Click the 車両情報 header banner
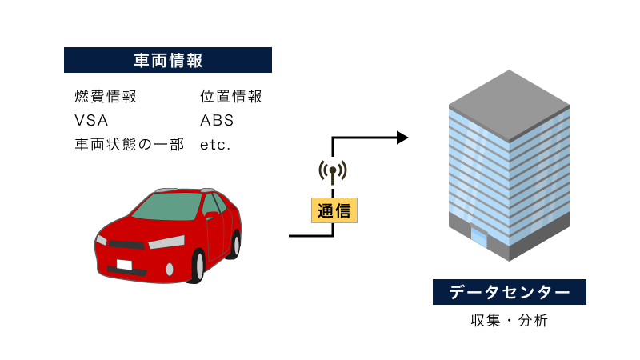(x=168, y=60)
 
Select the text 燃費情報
(x=105, y=98)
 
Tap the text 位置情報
(x=231, y=98)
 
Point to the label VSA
(x=90, y=122)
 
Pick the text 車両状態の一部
(x=129, y=146)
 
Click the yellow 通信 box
(x=334, y=210)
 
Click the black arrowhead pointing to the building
(x=402, y=138)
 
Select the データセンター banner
(x=510, y=292)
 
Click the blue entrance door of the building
(x=478, y=238)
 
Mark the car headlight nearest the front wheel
(x=166, y=242)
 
